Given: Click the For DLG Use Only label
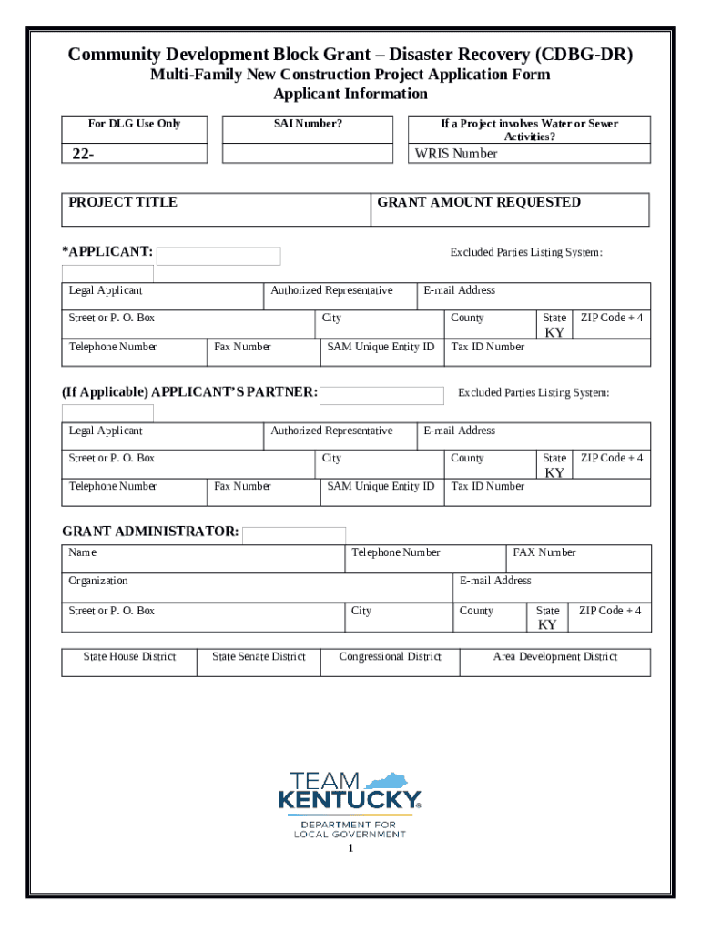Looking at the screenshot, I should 134,124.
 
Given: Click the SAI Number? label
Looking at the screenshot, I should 308,124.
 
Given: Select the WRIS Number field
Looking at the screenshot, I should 529,154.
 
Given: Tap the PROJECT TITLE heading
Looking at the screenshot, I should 123,202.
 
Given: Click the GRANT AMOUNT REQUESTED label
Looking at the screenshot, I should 479,202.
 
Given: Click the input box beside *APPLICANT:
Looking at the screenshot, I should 219,256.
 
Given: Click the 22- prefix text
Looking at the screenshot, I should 83,154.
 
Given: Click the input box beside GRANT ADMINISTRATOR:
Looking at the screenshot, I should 294,535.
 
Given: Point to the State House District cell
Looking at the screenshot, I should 129,657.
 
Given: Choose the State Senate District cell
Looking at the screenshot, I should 259,657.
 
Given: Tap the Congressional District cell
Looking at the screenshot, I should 390,657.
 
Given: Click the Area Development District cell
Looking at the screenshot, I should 555,657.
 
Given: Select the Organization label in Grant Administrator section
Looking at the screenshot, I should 98,581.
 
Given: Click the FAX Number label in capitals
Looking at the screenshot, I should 544,552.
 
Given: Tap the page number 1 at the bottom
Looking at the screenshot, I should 350,848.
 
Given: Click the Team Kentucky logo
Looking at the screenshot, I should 350,792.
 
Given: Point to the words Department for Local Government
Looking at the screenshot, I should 350,830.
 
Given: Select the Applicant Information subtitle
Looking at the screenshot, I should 350,94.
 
